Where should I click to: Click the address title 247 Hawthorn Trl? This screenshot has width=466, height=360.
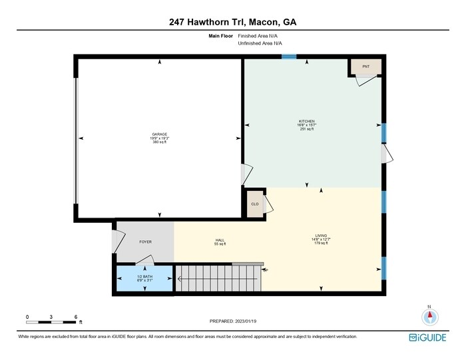click(x=232, y=22)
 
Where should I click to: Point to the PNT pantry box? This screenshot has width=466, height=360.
click(x=365, y=67)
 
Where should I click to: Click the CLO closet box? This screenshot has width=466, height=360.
click(x=255, y=204)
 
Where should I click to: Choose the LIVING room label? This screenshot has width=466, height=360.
click(x=322, y=239)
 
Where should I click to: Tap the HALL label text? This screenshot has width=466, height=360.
click(x=220, y=242)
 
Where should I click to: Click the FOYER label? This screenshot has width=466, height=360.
click(x=145, y=242)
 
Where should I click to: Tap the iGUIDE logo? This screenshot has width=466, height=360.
click(x=428, y=337)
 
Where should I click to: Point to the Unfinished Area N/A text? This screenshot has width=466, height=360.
click(x=263, y=44)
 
